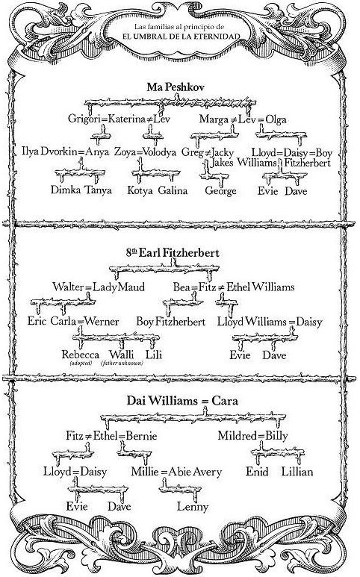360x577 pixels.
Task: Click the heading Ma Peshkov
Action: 176,87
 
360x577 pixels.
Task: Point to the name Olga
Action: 276,119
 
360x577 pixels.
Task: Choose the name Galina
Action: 173,190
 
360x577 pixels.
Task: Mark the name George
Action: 220,191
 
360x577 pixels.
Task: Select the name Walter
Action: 69,287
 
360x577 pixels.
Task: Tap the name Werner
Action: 102,321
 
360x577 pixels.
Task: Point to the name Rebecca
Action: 80,355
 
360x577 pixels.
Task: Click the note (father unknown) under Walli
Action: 122,364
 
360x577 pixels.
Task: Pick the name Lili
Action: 154,355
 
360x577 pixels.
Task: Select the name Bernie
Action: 141,436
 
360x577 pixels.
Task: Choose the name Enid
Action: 257,472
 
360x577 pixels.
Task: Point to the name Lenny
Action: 193,507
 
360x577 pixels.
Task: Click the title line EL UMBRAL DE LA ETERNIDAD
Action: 181,37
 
